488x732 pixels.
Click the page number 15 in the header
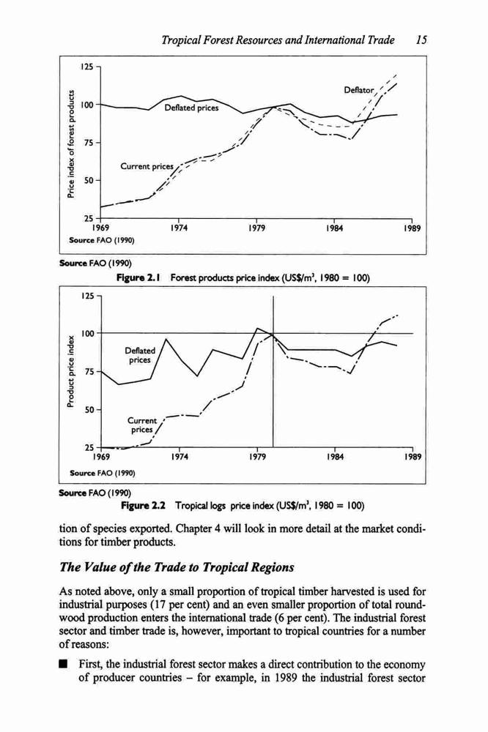coord(421,40)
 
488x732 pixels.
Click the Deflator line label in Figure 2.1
coord(359,89)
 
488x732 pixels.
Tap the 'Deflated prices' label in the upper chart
coord(191,108)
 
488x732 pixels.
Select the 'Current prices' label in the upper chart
coord(147,166)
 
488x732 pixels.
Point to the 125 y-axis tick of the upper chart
coord(86,66)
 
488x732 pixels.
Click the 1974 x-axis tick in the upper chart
coord(179,228)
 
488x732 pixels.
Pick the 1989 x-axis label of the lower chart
coord(413,457)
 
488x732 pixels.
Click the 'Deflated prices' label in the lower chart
coord(140,355)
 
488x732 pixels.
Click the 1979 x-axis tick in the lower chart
coord(257,457)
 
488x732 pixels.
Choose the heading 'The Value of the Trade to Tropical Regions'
coord(177,567)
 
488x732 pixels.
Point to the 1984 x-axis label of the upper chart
coord(335,228)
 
